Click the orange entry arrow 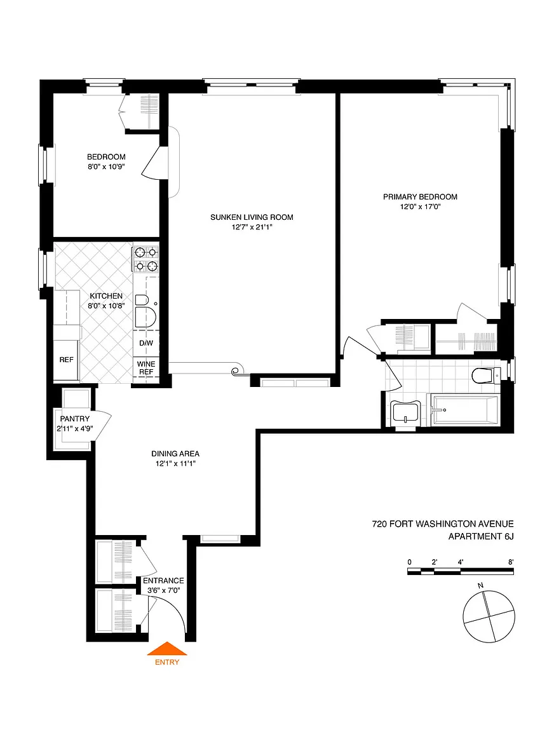click(x=167, y=649)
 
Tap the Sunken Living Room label click(x=252, y=217)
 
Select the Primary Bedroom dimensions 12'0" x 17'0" click(x=420, y=207)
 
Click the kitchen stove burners click(x=145, y=259)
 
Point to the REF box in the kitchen click(x=66, y=360)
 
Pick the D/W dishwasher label click(x=146, y=343)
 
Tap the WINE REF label click(x=146, y=368)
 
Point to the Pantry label click(x=75, y=419)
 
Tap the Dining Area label click(x=175, y=454)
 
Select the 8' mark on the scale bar click(x=511, y=562)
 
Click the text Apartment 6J click(x=481, y=536)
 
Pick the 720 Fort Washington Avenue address click(x=442, y=524)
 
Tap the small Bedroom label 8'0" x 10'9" click(x=106, y=161)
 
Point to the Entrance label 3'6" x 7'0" click(x=163, y=585)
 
